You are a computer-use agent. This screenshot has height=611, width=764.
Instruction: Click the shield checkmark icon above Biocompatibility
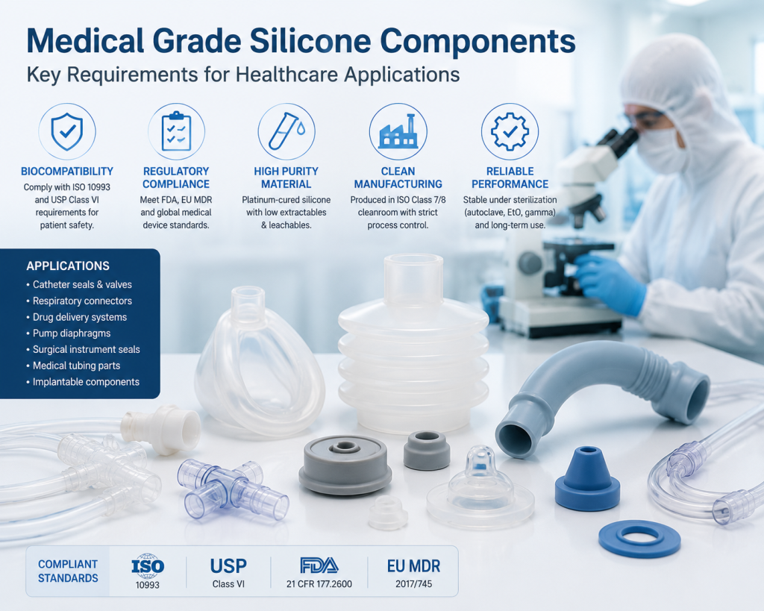pyautogui.click(x=67, y=131)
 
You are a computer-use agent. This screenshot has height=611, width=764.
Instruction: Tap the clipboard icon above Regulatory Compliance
pyautogui.click(x=176, y=131)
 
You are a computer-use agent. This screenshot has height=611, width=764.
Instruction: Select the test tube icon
pyautogui.click(x=286, y=131)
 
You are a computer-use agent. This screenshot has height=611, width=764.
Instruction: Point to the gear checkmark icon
pyautogui.click(x=510, y=131)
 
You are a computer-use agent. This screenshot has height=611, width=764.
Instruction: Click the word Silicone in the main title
pyautogui.click(x=310, y=41)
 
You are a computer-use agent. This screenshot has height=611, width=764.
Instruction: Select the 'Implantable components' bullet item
pyautogui.click(x=83, y=382)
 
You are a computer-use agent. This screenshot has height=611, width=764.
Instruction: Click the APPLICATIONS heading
pyautogui.click(x=68, y=266)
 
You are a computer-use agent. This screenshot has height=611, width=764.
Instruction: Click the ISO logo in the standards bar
pyautogui.click(x=148, y=565)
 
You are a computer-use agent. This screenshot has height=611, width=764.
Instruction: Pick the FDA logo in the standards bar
pyautogui.click(x=319, y=565)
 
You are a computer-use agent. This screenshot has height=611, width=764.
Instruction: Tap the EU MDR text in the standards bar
pyautogui.click(x=413, y=566)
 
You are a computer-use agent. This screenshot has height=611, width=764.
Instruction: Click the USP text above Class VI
pyautogui.click(x=228, y=566)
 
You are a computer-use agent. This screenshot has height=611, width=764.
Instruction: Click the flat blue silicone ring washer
pyautogui.click(x=639, y=539)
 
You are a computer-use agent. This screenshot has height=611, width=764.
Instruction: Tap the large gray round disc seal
pyautogui.click(x=345, y=465)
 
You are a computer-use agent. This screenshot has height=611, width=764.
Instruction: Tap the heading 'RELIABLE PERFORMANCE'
pyautogui.click(x=510, y=178)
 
